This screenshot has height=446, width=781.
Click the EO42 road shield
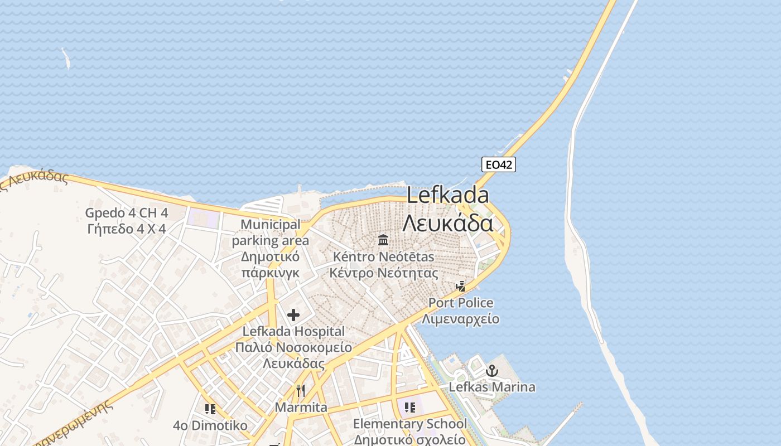coord(498,164)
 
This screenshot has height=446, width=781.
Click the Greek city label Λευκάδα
coord(448,223)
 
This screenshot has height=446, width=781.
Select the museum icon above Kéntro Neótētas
coord(383,240)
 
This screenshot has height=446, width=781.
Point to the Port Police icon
coord(461,287)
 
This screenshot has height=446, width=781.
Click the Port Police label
coord(461,303)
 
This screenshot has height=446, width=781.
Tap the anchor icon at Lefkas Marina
coord(492,370)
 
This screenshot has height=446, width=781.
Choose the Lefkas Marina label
coord(492,387)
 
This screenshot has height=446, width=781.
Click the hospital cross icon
coord(293,315)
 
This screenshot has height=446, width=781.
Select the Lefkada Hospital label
coord(293,331)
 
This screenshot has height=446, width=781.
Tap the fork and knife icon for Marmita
coord(301,390)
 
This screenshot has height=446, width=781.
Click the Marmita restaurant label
coord(301,408)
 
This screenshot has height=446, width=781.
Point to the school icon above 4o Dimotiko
coord(210,409)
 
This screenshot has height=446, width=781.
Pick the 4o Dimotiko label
coord(210,426)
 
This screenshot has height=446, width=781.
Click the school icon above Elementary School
coord(410,408)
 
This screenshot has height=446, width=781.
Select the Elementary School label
coord(410,424)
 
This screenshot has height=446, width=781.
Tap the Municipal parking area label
coord(270,232)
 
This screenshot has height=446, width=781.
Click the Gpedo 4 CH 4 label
coord(127,213)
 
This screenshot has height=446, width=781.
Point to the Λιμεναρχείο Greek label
coord(461,319)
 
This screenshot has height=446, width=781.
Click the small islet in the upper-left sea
coord(66,57)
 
